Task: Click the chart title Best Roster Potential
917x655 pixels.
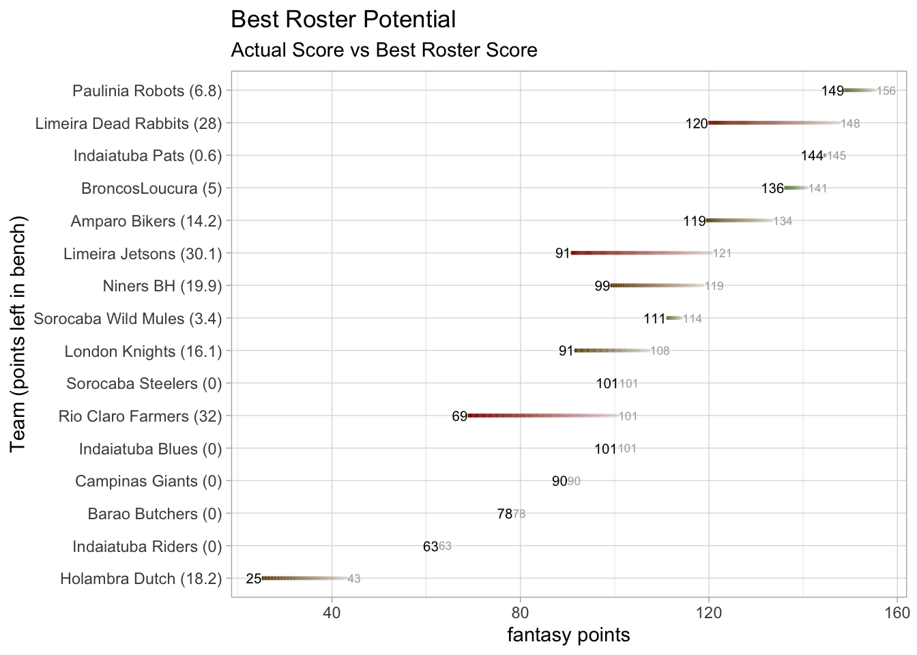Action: tap(343, 20)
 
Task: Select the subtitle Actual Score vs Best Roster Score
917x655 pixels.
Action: tap(384, 50)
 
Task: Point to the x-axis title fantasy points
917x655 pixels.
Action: tap(568, 635)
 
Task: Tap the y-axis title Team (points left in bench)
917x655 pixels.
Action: tap(18, 334)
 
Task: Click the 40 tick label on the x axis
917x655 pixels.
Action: tap(332, 613)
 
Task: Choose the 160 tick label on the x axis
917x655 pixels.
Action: tap(897, 613)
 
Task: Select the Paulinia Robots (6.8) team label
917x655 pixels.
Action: tap(147, 91)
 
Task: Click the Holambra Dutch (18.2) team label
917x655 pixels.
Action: tap(141, 579)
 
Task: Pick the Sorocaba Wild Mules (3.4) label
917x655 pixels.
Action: tap(128, 319)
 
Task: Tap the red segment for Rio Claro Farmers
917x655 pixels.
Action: tap(542, 416)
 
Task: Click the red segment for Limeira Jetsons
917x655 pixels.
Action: tap(641, 253)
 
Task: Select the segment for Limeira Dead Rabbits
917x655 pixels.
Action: tap(774, 123)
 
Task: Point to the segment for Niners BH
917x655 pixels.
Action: tap(658, 285)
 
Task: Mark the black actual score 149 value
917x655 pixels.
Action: tap(832, 91)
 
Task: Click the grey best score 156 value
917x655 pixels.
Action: tap(886, 91)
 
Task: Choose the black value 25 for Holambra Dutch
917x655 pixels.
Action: tap(253, 579)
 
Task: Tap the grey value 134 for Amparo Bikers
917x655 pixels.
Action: tap(783, 222)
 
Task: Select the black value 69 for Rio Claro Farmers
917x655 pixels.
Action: tap(459, 416)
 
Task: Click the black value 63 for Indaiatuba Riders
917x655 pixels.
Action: tap(431, 547)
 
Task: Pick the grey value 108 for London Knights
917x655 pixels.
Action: tap(660, 351)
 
